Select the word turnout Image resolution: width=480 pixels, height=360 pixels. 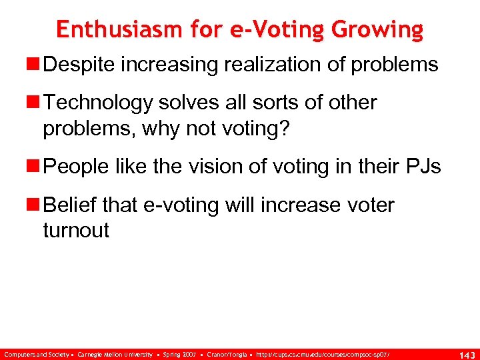tap(76, 231)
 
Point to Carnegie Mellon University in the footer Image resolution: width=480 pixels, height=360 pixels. tap(115, 352)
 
